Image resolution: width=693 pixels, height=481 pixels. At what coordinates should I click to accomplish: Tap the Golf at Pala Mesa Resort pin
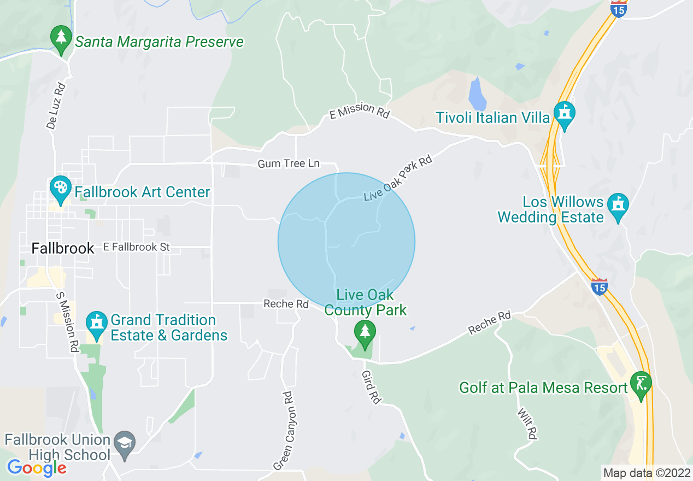coord(641,384)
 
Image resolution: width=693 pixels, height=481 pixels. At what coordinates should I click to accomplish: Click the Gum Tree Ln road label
coord(289,163)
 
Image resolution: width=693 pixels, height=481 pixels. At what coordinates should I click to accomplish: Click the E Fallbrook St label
coord(136,247)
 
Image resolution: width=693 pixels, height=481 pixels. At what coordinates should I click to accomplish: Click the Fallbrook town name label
coord(63,248)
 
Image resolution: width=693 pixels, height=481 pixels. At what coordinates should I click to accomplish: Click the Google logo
coord(37,468)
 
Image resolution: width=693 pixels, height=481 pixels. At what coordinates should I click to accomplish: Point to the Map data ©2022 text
coord(646,473)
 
